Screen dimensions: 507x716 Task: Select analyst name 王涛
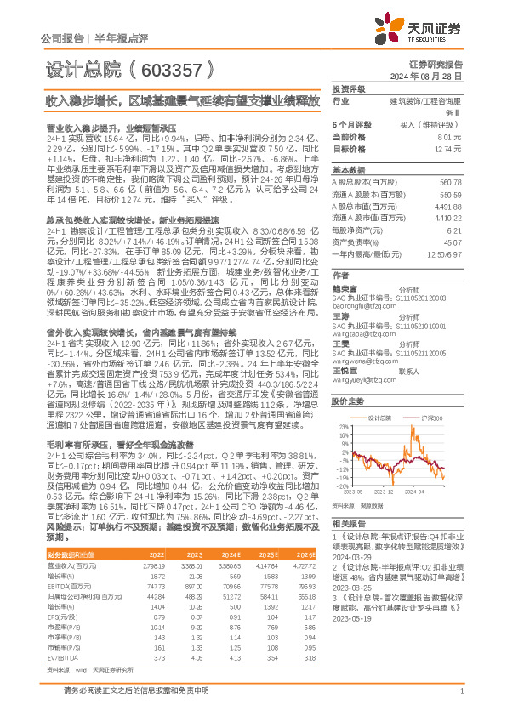[x=340, y=315]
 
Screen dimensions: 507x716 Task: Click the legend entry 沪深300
[x=431, y=418]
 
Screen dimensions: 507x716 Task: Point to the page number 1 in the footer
[x=460, y=700]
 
